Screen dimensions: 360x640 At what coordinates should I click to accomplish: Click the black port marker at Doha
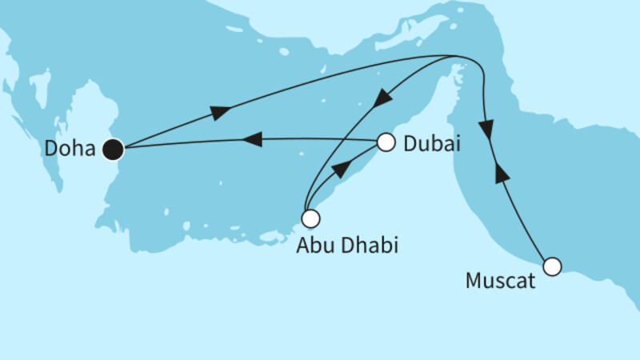(113, 148)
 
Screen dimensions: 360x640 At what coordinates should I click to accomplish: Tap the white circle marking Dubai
(386, 143)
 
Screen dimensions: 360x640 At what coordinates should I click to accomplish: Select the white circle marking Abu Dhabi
(310, 218)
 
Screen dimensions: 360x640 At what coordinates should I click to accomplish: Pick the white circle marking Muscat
(551, 266)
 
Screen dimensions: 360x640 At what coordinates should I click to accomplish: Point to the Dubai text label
(432, 144)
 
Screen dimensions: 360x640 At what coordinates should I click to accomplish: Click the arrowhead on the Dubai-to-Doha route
(251, 140)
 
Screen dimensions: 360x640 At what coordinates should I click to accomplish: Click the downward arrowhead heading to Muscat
(486, 127)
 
